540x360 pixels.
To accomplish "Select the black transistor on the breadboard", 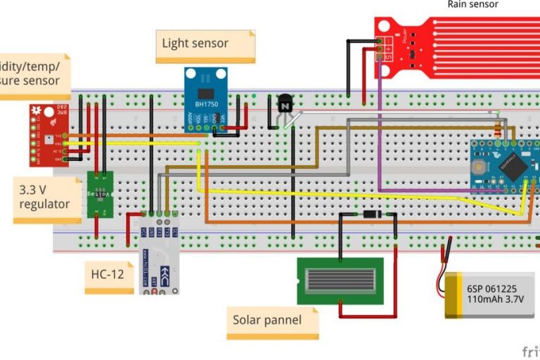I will (285, 105).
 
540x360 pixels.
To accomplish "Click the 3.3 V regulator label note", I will (46, 199).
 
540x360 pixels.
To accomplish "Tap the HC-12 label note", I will (108, 274).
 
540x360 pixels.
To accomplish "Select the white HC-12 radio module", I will (157, 257).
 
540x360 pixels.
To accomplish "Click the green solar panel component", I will (340, 281).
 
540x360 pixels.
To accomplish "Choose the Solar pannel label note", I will (271, 321).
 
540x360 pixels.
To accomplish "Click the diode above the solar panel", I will (368, 214).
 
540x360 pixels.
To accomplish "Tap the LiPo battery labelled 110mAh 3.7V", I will (489, 295).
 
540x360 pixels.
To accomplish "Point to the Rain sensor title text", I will (472, 5).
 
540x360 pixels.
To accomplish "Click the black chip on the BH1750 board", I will (205, 94).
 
